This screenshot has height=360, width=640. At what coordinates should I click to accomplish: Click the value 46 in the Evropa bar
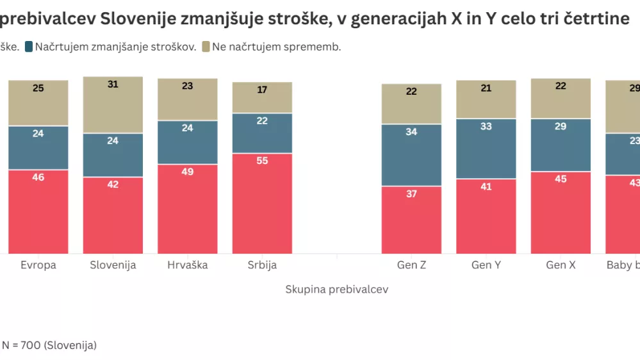pyautogui.click(x=38, y=177)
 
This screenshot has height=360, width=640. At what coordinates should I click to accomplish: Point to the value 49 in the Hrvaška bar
pyautogui.click(x=187, y=172)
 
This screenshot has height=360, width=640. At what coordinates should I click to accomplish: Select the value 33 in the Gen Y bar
pyautogui.click(x=486, y=127)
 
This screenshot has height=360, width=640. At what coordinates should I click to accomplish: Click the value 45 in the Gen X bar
pyautogui.click(x=561, y=179)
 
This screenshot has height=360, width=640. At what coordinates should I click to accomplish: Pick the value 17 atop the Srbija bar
pyautogui.click(x=262, y=90)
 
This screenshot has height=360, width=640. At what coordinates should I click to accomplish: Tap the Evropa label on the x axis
pyautogui.click(x=38, y=265)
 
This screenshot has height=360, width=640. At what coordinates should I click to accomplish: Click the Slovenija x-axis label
pyautogui.click(x=113, y=265)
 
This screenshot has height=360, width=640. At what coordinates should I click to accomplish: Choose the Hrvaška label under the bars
pyautogui.click(x=187, y=265)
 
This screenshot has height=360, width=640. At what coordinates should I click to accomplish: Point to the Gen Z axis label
pyautogui.click(x=411, y=265)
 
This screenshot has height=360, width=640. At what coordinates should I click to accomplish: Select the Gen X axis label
pyautogui.click(x=561, y=265)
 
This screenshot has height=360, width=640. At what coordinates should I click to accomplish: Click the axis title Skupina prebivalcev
pyautogui.click(x=336, y=290)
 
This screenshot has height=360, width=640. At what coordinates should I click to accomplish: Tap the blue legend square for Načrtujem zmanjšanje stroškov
pyautogui.click(x=29, y=47)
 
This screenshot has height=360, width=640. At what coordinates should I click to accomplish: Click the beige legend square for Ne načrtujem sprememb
pyautogui.click(x=206, y=47)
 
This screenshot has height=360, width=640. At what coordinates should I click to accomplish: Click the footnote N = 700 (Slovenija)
pyautogui.click(x=49, y=345)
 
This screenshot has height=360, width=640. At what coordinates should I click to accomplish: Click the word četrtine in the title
pyautogui.click(x=596, y=19)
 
